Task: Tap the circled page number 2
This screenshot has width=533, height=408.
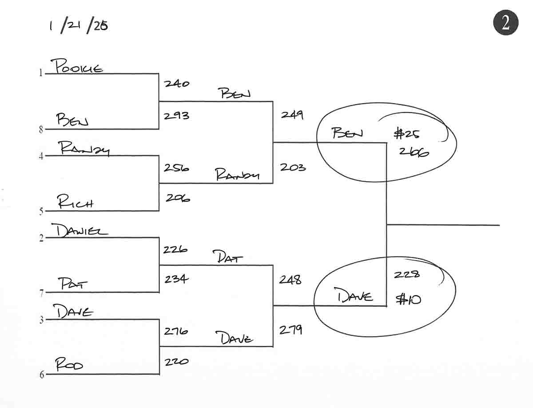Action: coord(505,23)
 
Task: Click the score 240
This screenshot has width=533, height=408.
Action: coord(176,83)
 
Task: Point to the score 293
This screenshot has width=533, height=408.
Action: coord(176,116)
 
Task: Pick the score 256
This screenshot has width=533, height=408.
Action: coord(176,168)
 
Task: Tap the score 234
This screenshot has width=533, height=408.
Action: coord(176,279)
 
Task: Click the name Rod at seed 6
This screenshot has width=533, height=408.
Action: coord(69,366)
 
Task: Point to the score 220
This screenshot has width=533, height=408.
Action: coord(176,362)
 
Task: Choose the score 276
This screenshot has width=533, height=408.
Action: coord(176,331)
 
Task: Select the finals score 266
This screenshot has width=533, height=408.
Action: coord(414,152)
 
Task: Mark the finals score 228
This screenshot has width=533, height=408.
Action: coord(406,275)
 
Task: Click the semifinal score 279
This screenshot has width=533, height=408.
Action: coord(290,330)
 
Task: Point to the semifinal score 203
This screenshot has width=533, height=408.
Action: coord(292,168)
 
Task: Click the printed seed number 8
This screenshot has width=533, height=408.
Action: coord(41,131)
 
